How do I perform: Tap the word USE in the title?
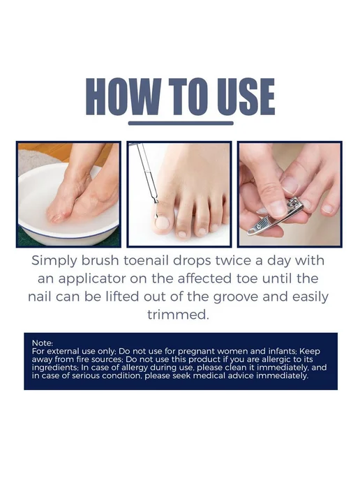coord(246,97)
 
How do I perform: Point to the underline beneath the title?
coord(181,123)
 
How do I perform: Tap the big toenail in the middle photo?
coord(162,223)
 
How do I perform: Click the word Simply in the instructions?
coord(54,261)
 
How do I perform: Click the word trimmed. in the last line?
coord(178,315)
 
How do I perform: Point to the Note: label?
coord(43,343)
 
